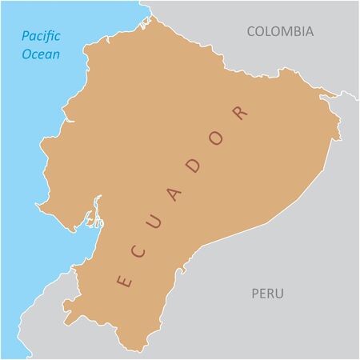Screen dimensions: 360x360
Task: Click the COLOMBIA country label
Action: [x=280, y=31]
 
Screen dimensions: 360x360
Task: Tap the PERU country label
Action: [x=267, y=294]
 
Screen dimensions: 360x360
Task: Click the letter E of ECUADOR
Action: [x=123, y=281]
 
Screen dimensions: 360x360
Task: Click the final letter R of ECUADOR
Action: [x=238, y=111]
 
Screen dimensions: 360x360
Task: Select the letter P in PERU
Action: [x=255, y=294]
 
